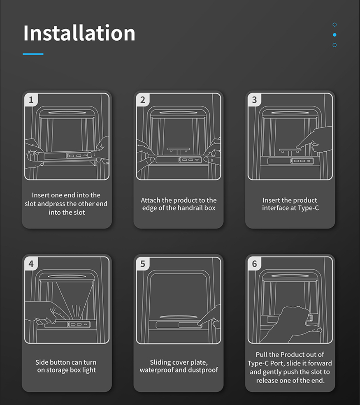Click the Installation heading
[79, 33]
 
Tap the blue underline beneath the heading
[33, 54]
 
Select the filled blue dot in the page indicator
[334, 35]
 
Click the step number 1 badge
[31, 100]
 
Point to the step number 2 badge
[143, 100]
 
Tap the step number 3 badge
[254, 100]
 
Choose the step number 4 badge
[31, 264]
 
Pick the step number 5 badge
[143, 264]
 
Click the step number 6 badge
[254, 264]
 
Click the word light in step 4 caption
[89, 370]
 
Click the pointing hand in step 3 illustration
[315, 140]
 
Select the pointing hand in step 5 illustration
[209, 317]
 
